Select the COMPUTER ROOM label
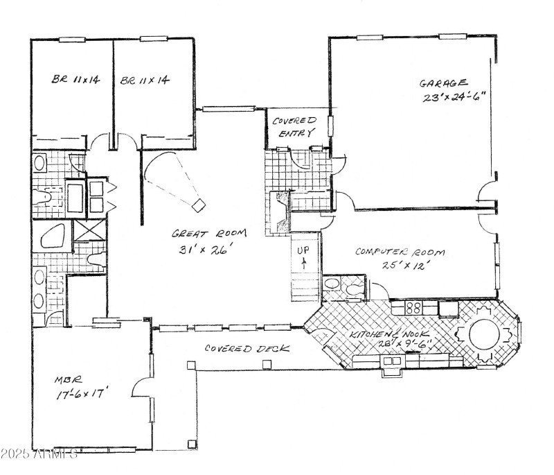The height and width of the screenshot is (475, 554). click(400, 252)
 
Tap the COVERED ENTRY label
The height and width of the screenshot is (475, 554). click(294, 126)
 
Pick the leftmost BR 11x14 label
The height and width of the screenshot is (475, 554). click(75, 80)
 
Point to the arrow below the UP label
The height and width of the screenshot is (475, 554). click(303, 262)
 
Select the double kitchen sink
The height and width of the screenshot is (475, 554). click(392, 361)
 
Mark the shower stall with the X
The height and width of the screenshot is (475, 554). click(88, 229)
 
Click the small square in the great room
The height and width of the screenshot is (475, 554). click(199, 204)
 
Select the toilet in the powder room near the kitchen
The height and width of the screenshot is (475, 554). click(354, 286)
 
